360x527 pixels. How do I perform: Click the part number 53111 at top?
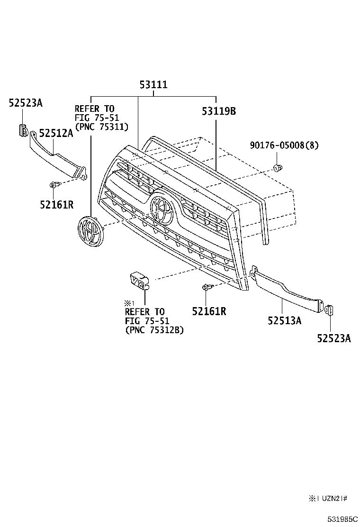pos(153,85)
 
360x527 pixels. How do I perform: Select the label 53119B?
pos(218,112)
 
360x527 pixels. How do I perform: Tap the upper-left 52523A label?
pos(26,102)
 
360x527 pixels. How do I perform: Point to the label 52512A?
pos(56,134)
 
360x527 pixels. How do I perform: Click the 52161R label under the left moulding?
pos(57,204)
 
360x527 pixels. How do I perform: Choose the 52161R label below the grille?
pos(209,311)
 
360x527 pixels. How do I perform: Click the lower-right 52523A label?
pos(334,338)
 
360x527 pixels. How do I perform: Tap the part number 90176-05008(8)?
pos(285,145)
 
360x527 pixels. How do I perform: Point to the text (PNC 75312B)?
pos(154,330)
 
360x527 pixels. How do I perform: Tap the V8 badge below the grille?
pos(140,280)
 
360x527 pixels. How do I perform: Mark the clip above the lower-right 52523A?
pos(330,309)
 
